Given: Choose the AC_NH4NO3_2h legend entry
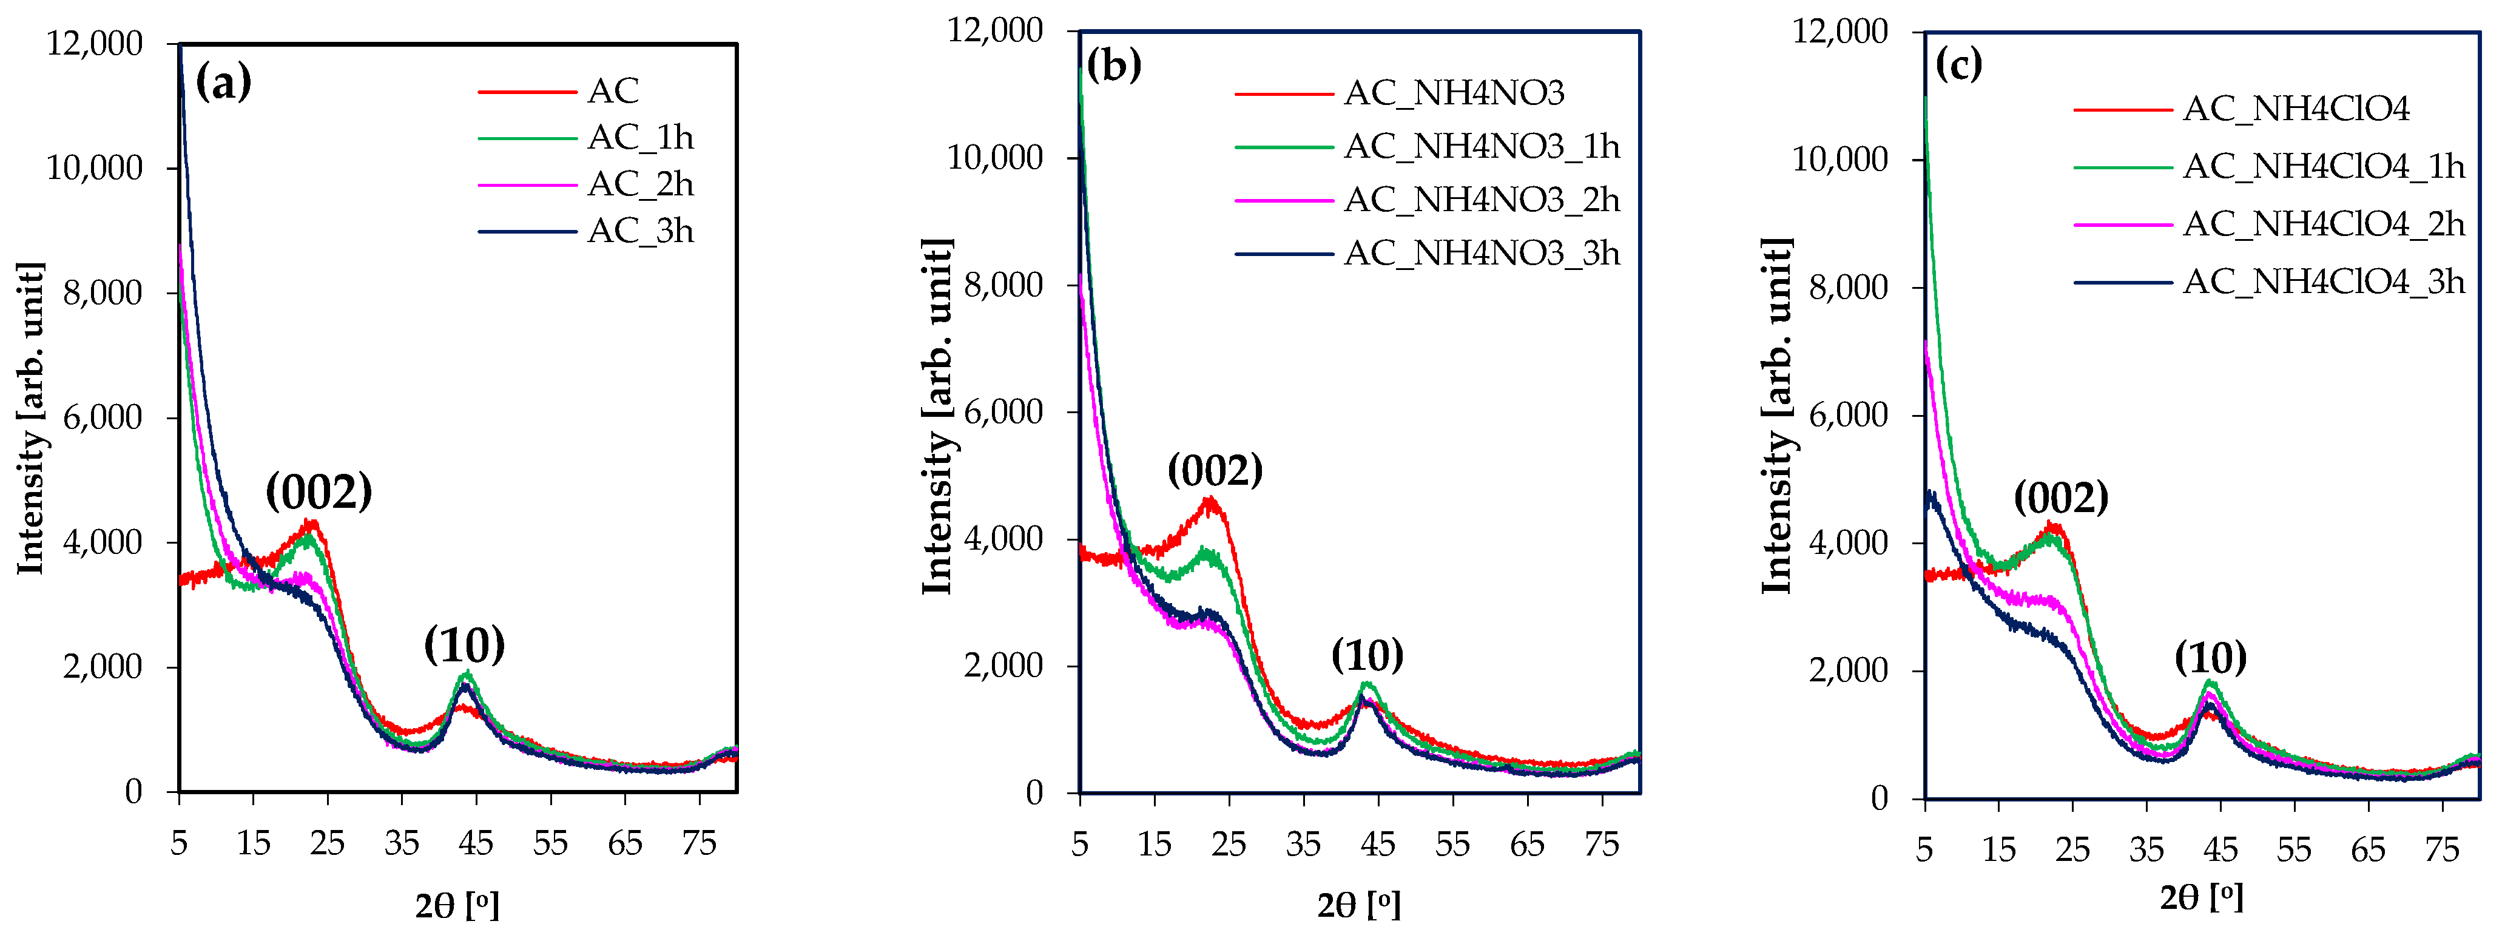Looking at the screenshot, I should tap(1481, 200).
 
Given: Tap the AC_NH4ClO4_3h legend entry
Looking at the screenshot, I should tap(2323, 282).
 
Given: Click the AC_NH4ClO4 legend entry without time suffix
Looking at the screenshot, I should tap(2295, 109).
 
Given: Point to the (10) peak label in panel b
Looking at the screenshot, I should tap(1367, 656).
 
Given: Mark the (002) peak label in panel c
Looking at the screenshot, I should tap(2061, 498).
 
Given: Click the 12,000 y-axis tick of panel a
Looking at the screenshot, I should tap(94, 44).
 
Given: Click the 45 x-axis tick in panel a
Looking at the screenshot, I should tap(476, 843).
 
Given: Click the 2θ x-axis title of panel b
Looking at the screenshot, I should tap(1358, 905).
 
